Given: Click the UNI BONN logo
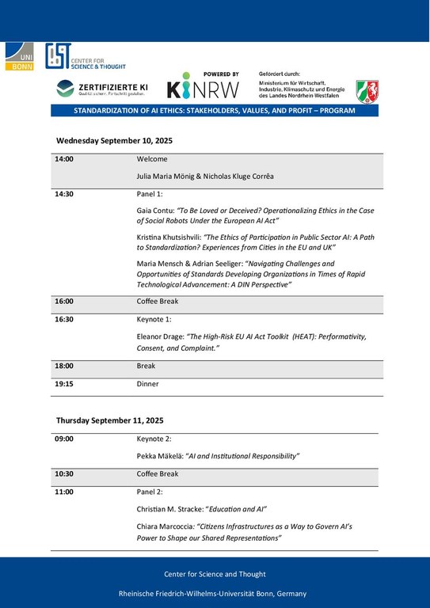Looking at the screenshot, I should [x=19, y=57].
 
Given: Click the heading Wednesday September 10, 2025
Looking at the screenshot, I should [x=114, y=140].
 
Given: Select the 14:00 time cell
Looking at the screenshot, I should [x=64, y=159].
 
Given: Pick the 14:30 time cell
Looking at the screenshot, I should [x=64, y=192].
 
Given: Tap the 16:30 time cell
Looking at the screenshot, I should [x=64, y=321].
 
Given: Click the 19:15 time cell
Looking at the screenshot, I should [x=64, y=384].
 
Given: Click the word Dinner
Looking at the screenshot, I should [x=148, y=384].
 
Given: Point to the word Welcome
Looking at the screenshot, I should [x=152, y=159].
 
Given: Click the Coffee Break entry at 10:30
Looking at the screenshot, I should [x=158, y=474].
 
